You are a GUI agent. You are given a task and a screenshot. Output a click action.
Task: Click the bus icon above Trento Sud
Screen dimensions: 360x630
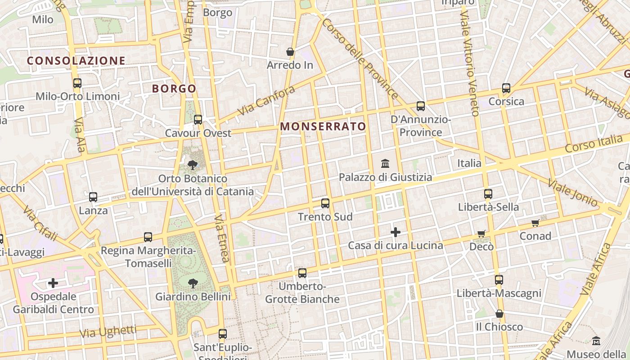[x=325, y=203]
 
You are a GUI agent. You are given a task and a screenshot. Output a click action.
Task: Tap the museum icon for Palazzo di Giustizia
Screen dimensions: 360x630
[x=385, y=164]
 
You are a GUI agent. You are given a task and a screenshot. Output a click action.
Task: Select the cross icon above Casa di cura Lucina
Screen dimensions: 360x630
[x=396, y=232]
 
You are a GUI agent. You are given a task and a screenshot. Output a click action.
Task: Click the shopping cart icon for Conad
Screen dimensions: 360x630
[x=535, y=223]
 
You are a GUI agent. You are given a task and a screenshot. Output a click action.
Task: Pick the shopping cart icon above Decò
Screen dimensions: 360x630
[x=481, y=234]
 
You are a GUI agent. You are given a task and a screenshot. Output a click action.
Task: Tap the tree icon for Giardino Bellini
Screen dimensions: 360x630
[x=193, y=283]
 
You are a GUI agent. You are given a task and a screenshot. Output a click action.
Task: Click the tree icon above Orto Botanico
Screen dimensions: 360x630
[x=193, y=165]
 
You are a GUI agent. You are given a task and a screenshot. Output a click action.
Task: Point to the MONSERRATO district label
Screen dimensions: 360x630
[x=323, y=127]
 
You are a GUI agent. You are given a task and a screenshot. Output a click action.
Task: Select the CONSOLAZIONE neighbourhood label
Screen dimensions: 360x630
[x=76, y=61]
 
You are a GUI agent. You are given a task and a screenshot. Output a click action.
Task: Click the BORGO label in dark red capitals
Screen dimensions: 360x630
[x=174, y=89]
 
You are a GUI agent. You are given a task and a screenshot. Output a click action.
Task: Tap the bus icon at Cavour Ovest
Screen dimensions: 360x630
[x=198, y=120]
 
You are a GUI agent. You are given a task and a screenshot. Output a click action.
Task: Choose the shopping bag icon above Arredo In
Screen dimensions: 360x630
[x=290, y=52]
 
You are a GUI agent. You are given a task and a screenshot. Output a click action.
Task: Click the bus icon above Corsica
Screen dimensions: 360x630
[x=506, y=88]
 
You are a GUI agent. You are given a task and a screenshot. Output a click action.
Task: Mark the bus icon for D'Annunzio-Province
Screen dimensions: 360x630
[x=421, y=106]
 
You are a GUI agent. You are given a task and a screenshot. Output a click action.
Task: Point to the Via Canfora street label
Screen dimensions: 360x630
[x=266, y=100]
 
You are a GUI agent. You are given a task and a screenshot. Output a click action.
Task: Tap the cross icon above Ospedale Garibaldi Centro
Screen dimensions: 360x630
[x=53, y=283]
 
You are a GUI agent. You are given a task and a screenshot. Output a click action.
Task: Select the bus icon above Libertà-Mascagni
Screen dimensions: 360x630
[x=499, y=280]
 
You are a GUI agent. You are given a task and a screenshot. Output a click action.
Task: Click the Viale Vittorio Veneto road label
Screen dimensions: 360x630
[x=468, y=63]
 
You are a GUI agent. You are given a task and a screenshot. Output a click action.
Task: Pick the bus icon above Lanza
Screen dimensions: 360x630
[x=93, y=197]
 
